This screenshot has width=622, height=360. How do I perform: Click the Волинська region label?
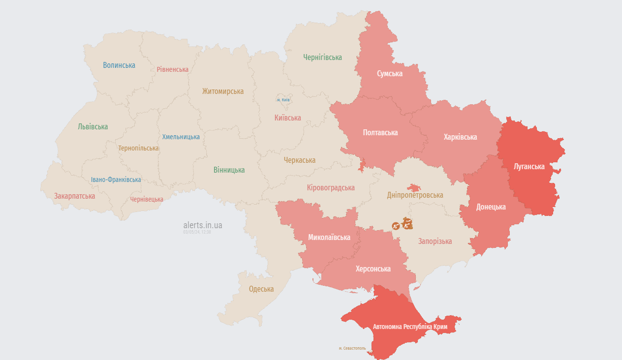pyautogui.click(x=119, y=65)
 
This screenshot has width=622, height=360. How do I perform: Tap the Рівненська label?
pyautogui.click(x=173, y=69)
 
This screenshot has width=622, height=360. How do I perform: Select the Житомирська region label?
pyautogui.click(x=223, y=91)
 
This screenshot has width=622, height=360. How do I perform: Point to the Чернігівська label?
pyautogui.click(x=322, y=58)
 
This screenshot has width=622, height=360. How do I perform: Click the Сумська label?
pyautogui.click(x=390, y=74)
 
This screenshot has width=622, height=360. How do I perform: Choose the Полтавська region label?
pyautogui.click(x=380, y=132)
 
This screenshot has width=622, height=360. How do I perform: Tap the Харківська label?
pyautogui.click(x=460, y=137)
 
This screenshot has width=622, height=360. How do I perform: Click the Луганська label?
pyautogui.click(x=529, y=166)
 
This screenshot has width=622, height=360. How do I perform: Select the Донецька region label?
pyautogui.click(x=491, y=207)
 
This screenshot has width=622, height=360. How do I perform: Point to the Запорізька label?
pyautogui.click(x=435, y=241)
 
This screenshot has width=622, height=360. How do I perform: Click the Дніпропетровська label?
pyautogui.click(x=415, y=195)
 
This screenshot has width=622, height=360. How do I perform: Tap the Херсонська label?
pyautogui.click(x=373, y=269)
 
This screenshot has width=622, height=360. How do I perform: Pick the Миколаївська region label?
pyautogui.click(x=329, y=237)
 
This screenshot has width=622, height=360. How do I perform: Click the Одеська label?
pyautogui.click(x=261, y=289)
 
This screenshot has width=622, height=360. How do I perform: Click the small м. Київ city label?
pyautogui.click(x=283, y=100)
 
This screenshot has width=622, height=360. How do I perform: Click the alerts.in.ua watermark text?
pyautogui.click(x=203, y=225)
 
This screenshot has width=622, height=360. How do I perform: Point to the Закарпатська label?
pyautogui.click(x=75, y=196)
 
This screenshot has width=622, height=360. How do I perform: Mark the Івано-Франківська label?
pyautogui.click(x=116, y=180)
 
